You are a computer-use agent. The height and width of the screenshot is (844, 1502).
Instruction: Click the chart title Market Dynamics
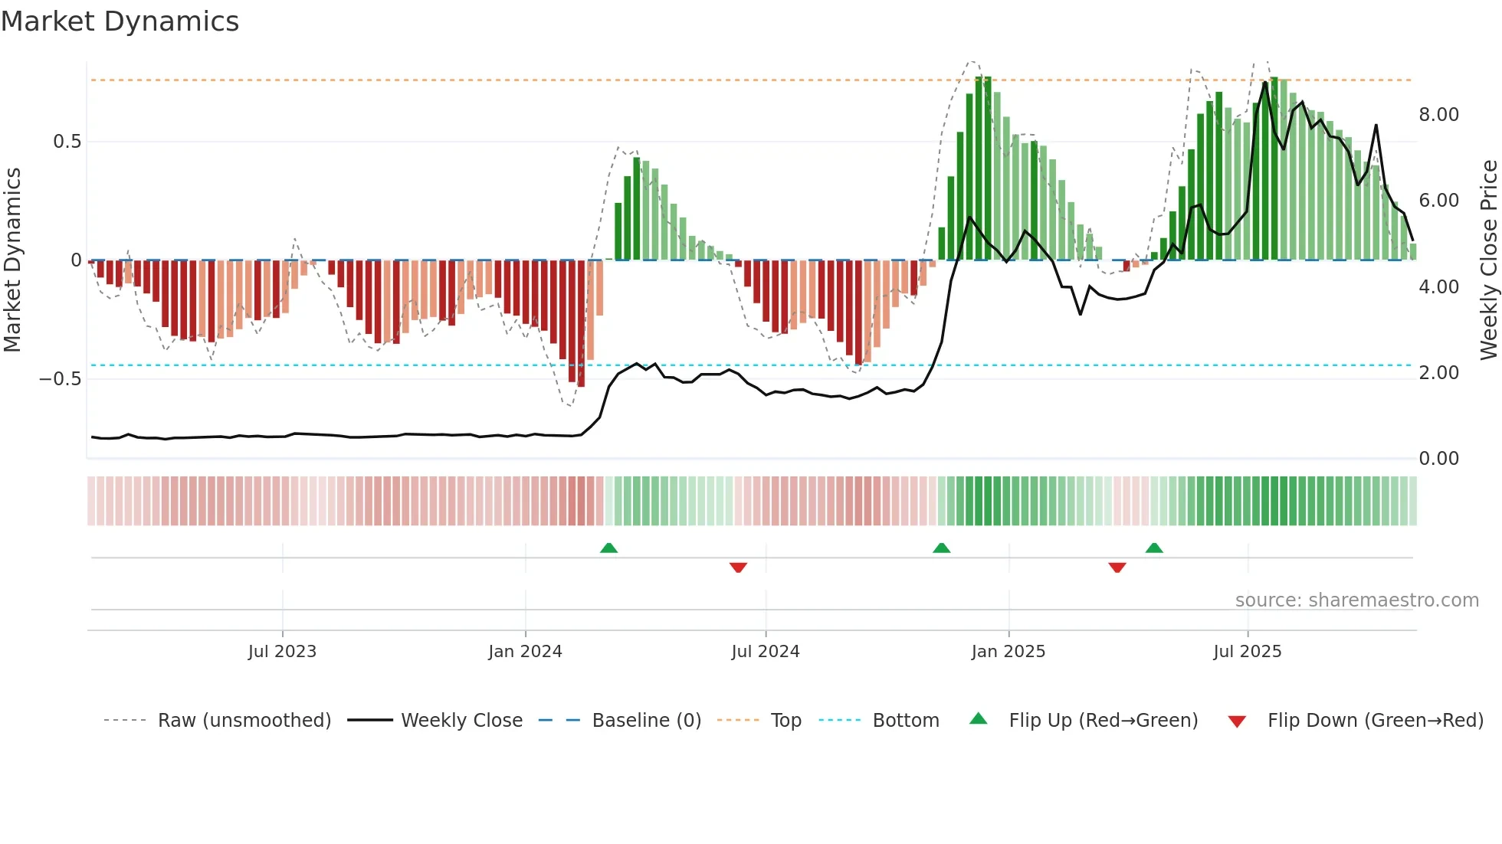120,21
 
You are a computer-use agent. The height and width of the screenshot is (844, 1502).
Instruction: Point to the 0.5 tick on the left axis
67,142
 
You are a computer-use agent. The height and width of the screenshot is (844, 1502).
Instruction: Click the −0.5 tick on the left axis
61,379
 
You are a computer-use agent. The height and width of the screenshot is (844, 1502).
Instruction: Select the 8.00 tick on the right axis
1438,115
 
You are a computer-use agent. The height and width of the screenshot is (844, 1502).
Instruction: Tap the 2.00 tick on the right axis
1438,373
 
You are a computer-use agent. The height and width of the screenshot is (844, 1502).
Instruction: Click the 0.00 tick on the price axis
1438,459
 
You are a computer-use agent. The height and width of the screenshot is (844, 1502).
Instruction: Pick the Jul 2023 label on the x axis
282,652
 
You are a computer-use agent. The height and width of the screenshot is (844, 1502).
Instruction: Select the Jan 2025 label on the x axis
1008,652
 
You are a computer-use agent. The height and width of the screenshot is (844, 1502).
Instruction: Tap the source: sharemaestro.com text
1356,600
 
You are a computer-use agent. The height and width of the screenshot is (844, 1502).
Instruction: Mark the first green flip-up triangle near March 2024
608,548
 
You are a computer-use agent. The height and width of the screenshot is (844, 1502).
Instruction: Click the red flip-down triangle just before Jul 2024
738,567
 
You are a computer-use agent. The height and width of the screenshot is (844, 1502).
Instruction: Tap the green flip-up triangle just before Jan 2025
941,548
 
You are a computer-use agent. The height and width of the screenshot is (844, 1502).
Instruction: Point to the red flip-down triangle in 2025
1117,567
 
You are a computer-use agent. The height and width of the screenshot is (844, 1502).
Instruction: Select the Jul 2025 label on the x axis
1247,652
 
